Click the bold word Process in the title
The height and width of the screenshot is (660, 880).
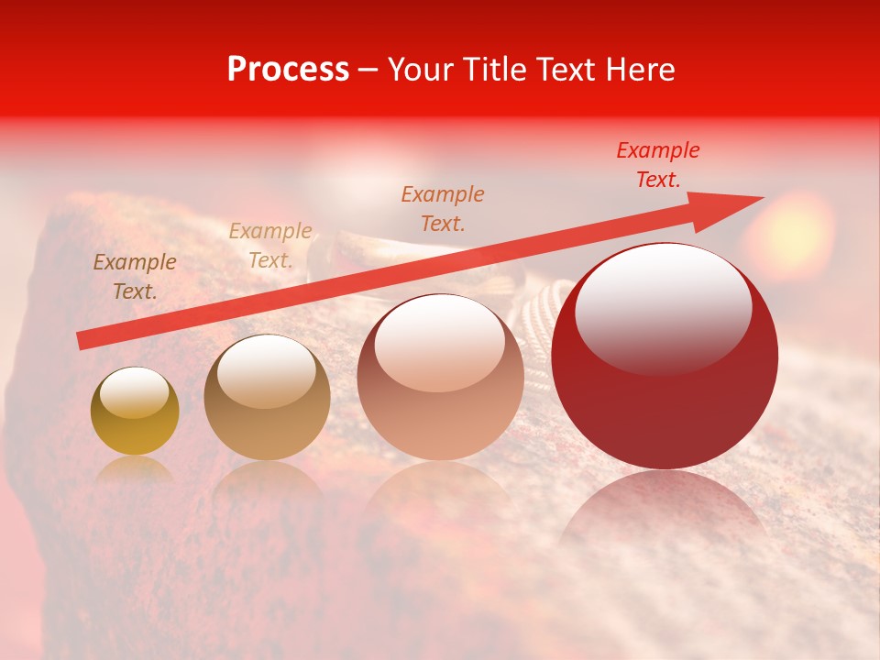coord(288,70)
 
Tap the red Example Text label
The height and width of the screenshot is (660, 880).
coord(658,165)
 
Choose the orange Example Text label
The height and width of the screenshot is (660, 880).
coord(443,208)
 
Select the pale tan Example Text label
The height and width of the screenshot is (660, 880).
coord(270,246)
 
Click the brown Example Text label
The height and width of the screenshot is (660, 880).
coord(135,277)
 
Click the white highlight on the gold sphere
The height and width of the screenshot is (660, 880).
coord(134,392)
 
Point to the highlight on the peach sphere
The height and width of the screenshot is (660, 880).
coord(439,344)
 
